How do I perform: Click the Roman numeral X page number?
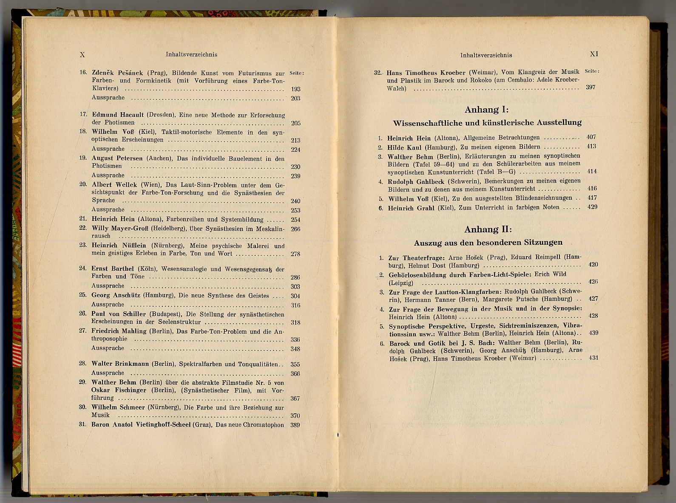click(82, 54)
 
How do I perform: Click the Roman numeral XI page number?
click(594, 54)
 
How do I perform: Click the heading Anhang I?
click(486, 110)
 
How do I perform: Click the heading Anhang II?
click(488, 229)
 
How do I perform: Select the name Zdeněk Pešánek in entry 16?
click(118, 73)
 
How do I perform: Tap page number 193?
click(295, 89)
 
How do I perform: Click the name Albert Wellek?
click(114, 184)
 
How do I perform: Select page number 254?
click(295, 220)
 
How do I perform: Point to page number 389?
click(295, 425)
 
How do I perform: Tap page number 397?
click(591, 87)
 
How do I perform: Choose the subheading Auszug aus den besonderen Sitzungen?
click(488, 243)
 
